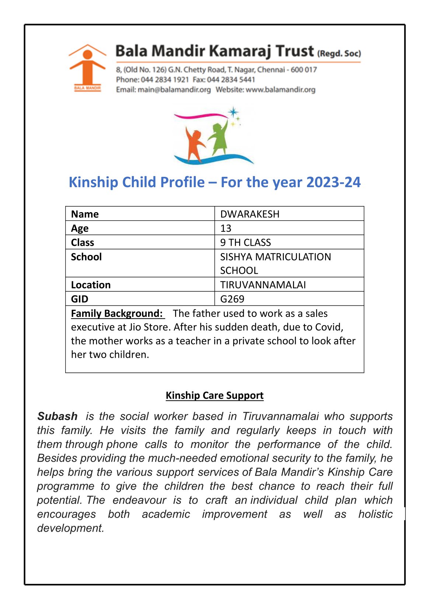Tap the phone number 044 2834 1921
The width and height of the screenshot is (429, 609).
165,80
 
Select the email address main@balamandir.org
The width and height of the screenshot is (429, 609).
174,90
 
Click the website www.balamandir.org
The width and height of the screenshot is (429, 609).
280,90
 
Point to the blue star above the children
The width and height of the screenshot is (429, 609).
233,112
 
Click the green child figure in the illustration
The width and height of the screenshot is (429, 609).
219,138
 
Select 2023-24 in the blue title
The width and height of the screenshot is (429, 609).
333,182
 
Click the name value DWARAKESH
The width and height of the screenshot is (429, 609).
250,214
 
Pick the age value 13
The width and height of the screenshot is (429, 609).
226,228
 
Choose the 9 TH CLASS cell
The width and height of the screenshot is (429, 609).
245,242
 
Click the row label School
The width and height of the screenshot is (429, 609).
86,257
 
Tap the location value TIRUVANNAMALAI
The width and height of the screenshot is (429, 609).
263,285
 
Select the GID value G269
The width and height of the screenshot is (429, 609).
232,299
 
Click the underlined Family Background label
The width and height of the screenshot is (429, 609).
117,314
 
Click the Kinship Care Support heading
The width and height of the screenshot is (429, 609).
214,395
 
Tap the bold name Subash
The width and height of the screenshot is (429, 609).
57,416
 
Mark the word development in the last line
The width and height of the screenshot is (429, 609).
70,528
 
